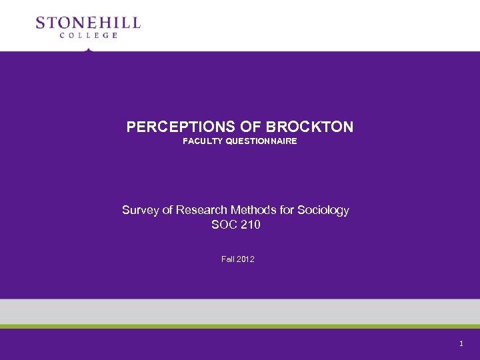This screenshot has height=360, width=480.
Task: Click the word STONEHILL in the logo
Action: (88, 23)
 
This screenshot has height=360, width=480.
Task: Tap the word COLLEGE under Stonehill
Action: (88, 35)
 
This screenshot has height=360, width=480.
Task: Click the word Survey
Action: (139, 210)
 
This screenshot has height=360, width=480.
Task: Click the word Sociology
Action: (323, 210)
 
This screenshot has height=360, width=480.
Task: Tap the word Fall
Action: (227, 259)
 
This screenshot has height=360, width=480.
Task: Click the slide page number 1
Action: (461, 343)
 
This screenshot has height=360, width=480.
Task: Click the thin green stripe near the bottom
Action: (240, 326)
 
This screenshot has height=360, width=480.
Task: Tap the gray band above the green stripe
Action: (240, 311)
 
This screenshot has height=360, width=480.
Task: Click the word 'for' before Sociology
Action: (287, 210)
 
